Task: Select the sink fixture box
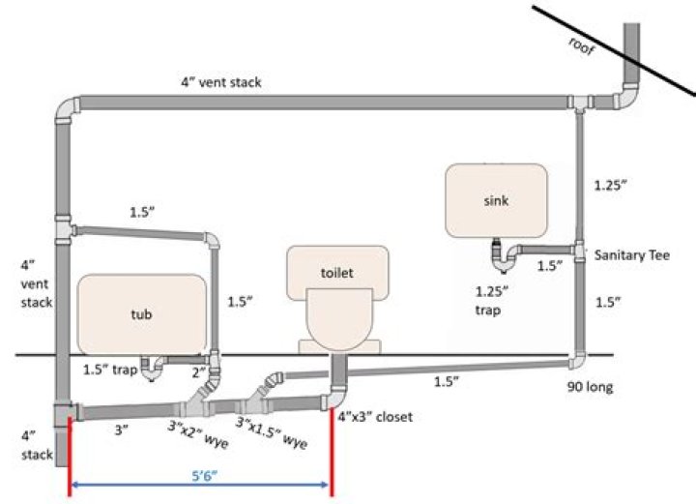click(x=497, y=200)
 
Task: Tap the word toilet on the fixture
click(x=337, y=273)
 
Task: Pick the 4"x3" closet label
click(x=375, y=418)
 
